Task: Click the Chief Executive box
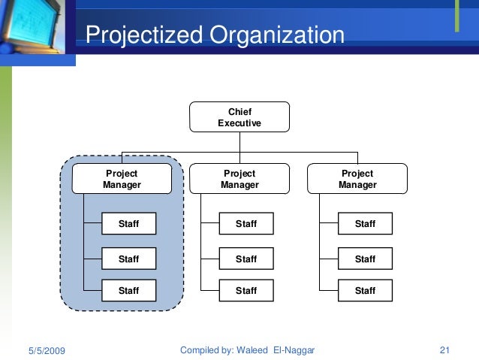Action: (x=239, y=117)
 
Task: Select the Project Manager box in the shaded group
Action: (x=122, y=179)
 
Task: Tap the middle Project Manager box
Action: (x=239, y=179)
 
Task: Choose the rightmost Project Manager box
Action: (x=357, y=179)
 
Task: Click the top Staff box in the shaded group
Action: (x=128, y=224)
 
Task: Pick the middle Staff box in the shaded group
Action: (x=128, y=259)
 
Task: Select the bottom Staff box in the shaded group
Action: (x=128, y=290)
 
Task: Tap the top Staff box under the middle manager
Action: (x=246, y=224)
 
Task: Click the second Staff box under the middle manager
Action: (x=246, y=259)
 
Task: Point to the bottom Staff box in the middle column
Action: (x=246, y=290)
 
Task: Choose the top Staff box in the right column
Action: (x=365, y=224)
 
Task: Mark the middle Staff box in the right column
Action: (x=365, y=259)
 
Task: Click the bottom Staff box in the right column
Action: (x=365, y=290)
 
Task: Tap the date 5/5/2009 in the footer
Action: (x=47, y=350)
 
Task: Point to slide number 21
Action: (x=444, y=350)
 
